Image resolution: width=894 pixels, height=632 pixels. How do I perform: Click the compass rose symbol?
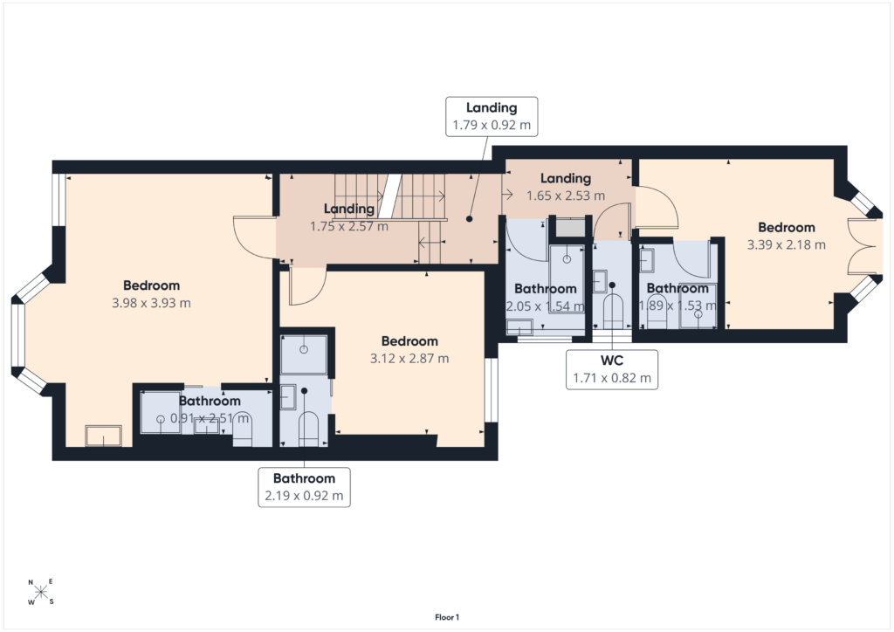tap(40, 592)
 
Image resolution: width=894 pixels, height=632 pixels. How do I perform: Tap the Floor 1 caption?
tap(446, 617)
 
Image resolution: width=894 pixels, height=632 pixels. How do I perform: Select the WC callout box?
tap(612, 369)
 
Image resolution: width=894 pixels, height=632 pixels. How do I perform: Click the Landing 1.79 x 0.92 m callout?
tap(492, 116)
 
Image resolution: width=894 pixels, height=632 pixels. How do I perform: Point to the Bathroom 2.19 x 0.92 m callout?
tap(304, 487)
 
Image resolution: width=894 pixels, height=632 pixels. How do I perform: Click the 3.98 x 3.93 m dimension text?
tap(151, 303)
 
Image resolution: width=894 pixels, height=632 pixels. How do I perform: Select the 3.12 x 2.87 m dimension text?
tap(409, 359)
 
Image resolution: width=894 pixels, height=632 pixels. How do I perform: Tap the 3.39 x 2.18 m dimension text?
tap(787, 245)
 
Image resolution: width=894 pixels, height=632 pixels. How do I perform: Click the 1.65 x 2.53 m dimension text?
tap(566, 196)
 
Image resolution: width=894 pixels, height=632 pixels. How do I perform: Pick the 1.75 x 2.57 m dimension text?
tap(349, 227)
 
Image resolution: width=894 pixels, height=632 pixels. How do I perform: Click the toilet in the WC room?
tap(612, 312)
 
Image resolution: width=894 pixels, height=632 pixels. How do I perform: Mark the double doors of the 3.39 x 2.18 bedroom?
tap(861, 246)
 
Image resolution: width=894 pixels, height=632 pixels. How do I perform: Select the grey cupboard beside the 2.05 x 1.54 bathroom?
tap(570, 228)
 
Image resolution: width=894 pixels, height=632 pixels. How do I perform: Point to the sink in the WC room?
tap(599, 282)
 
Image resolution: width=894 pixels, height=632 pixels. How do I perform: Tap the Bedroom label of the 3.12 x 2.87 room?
tap(409, 341)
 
